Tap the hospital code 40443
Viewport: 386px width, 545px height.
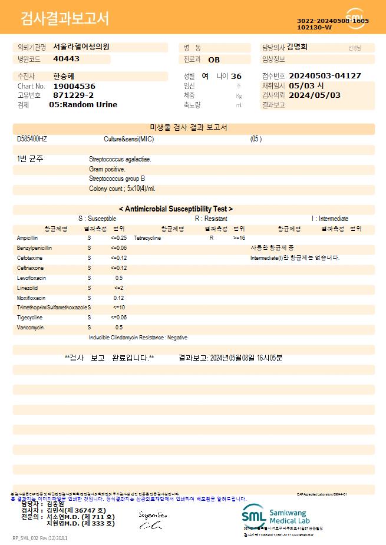coord(66,59)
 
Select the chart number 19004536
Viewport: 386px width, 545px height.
coord(74,86)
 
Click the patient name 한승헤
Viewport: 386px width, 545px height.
coord(64,76)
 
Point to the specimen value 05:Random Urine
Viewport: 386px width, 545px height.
coord(83,105)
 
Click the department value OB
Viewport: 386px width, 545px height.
coord(214,60)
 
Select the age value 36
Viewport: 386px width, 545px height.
coord(236,76)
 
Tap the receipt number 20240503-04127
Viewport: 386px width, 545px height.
coord(325,76)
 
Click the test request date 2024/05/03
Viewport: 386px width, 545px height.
coord(315,95)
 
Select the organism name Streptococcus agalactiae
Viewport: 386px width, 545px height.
coord(120,159)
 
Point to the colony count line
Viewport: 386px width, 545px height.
coord(122,189)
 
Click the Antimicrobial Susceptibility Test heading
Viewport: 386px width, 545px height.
coord(176,209)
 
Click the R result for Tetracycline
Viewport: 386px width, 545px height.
coord(211,238)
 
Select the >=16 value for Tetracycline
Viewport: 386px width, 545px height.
coord(239,238)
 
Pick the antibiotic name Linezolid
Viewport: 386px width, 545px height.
coord(27,288)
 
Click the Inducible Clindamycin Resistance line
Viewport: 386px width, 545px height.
coord(138,338)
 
